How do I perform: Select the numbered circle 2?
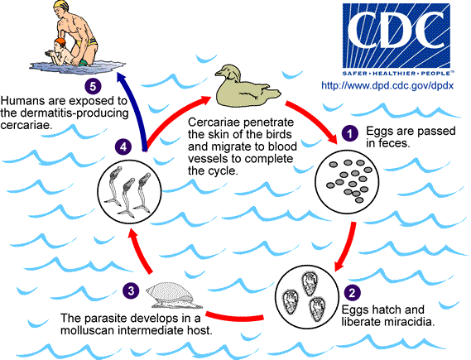[x=353, y=291]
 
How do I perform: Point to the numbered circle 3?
[x=131, y=290]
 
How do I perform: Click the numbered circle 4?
[x=123, y=146]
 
